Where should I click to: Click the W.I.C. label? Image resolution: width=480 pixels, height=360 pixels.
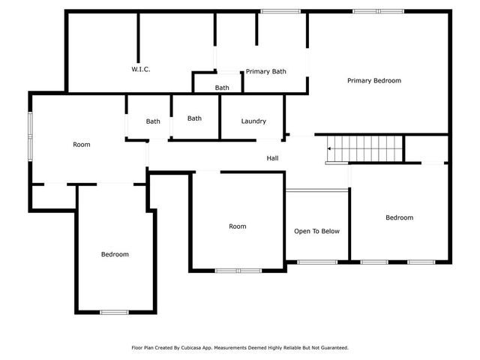pyautogui.click(x=141, y=70)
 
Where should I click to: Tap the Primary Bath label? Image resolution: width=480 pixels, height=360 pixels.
pyautogui.click(x=266, y=72)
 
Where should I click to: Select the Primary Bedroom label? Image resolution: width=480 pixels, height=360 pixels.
pyautogui.click(x=373, y=80)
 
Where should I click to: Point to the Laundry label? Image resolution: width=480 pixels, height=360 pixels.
pyautogui.click(x=253, y=121)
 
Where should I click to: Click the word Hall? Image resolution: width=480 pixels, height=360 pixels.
pyautogui.click(x=273, y=158)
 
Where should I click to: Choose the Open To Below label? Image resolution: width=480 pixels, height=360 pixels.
pyautogui.click(x=316, y=231)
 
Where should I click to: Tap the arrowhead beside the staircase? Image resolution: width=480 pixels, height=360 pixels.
pyautogui.click(x=330, y=149)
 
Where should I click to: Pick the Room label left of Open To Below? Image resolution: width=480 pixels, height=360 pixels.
pyautogui.click(x=238, y=226)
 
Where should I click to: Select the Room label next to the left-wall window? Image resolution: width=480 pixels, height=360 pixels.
pyautogui.click(x=81, y=145)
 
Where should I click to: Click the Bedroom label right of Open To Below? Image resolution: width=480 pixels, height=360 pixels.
pyautogui.click(x=399, y=218)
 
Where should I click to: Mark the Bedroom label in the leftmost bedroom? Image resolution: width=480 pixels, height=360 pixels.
pyautogui.click(x=115, y=254)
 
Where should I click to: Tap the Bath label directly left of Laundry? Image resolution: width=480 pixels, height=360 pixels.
pyautogui.click(x=194, y=118)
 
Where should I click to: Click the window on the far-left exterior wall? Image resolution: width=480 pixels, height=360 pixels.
pyautogui.click(x=30, y=136)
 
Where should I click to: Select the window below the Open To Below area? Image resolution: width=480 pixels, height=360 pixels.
pyautogui.click(x=316, y=262)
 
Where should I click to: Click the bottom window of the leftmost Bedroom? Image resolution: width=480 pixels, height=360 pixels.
pyautogui.click(x=115, y=312)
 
